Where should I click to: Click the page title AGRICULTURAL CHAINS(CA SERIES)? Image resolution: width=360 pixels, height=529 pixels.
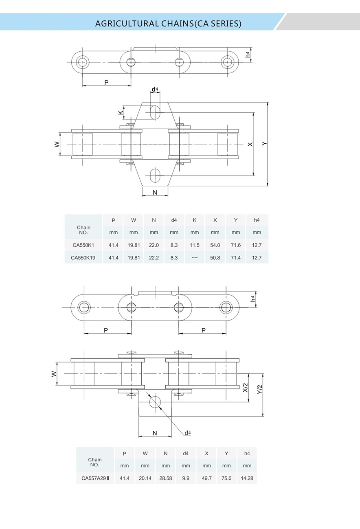[168, 24]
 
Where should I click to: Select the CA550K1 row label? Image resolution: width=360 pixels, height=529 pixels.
[83, 245]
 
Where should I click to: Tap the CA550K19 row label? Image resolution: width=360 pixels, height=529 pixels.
[83, 258]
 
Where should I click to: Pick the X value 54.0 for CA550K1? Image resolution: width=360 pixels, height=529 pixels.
[215, 245]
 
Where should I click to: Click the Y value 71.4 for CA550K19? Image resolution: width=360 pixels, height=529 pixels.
[236, 258]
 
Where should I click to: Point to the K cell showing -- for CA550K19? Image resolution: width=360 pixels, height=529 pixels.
[195, 258]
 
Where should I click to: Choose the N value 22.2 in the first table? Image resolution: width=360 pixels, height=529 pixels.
[154, 258]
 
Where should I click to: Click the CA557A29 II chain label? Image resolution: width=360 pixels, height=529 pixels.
[95, 478]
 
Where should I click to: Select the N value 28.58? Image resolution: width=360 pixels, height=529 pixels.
[165, 478]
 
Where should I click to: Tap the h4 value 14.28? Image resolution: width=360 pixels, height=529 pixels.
[247, 478]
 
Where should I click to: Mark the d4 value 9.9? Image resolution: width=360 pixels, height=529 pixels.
[186, 478]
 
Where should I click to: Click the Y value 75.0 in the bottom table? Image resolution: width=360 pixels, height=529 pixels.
[226, 478]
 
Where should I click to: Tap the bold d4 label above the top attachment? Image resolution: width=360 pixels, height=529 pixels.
[155, 89]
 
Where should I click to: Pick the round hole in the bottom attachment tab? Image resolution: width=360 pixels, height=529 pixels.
[155, 402]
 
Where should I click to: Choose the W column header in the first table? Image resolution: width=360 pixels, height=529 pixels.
[134, 220]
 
